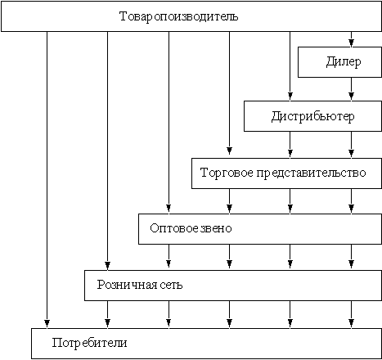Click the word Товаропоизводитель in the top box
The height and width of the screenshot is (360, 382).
[x=178, y=16]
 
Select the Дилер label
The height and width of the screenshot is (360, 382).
[x=344, y=62]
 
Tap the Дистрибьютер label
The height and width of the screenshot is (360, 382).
[x=312, y=117]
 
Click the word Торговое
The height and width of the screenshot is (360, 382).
[x=227, y=173]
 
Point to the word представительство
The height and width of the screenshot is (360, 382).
[x=311, y=173]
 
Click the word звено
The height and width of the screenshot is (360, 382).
[x=216, y=228]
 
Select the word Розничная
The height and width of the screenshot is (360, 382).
[x=127, y=285]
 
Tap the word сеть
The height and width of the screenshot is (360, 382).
[x=171, y=285]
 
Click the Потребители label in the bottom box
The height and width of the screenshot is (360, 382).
[x=89, y=343]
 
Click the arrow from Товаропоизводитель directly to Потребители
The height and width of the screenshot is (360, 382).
[x=47, y=179]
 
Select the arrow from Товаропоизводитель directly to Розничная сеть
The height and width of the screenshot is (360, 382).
[x=107, y=151]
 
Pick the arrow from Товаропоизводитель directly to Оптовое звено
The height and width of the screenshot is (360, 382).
[x=169, y=122]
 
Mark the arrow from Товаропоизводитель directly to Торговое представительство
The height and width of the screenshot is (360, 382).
[x=229, y=93]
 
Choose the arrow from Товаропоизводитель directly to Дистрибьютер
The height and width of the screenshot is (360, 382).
[x=290, y=65]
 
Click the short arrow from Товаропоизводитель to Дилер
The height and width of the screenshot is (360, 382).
[x=351, y=39]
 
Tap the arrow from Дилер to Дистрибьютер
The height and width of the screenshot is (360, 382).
[x=351, y=88]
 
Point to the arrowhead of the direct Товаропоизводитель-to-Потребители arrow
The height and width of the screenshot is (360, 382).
[x=47, y=323]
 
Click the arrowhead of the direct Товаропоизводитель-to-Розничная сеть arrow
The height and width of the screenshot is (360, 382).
[x=107, y=266]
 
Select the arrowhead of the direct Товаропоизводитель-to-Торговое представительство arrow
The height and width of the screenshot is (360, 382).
[x=229, y=151]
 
